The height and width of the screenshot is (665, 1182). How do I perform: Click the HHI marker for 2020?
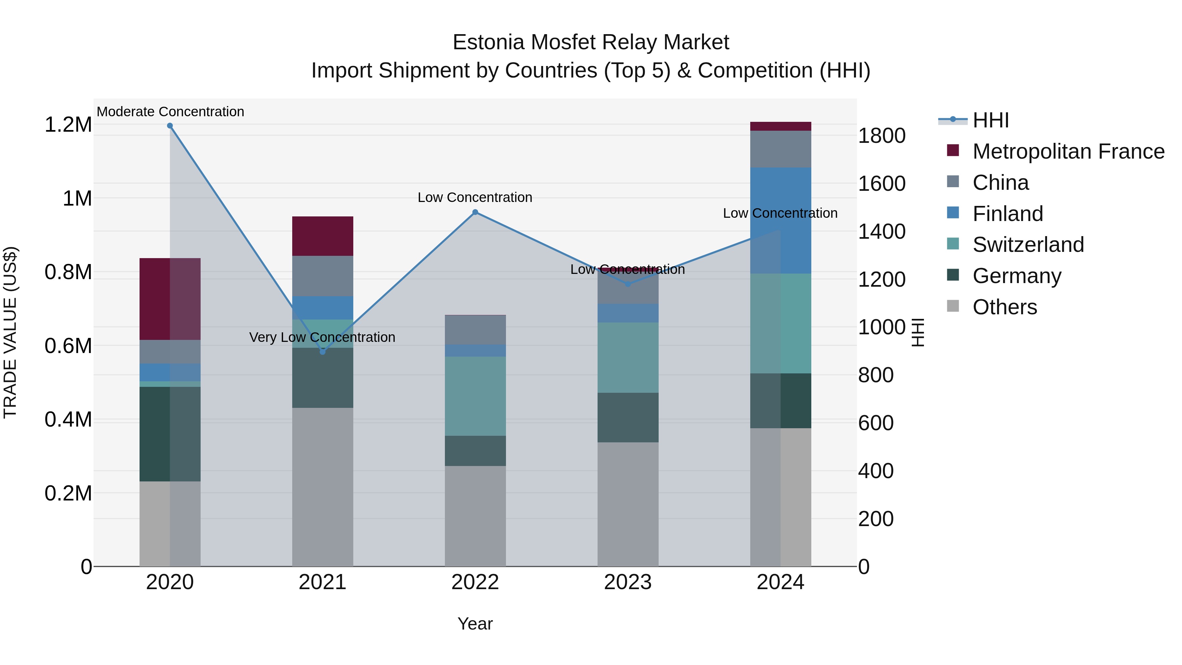tap(170, 126)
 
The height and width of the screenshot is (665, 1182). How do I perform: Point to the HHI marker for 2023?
tap(628, 284)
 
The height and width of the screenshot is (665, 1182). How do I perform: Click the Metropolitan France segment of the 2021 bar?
tap(322, 236)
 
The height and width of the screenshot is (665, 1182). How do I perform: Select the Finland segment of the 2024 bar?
tap(780, 220)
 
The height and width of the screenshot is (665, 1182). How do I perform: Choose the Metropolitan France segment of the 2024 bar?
tap(780, 126)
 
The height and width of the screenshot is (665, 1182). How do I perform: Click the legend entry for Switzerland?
tap(1028, 245)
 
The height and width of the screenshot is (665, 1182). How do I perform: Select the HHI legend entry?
tap(990, 120)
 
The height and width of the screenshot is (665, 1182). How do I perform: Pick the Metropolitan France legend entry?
tap(1068, 151)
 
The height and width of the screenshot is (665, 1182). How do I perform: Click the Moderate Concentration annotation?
tap(170, 112)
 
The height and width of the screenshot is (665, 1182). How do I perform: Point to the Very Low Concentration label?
tap(322, 337)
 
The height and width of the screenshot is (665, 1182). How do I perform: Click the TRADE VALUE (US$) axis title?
tap(10, 332)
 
